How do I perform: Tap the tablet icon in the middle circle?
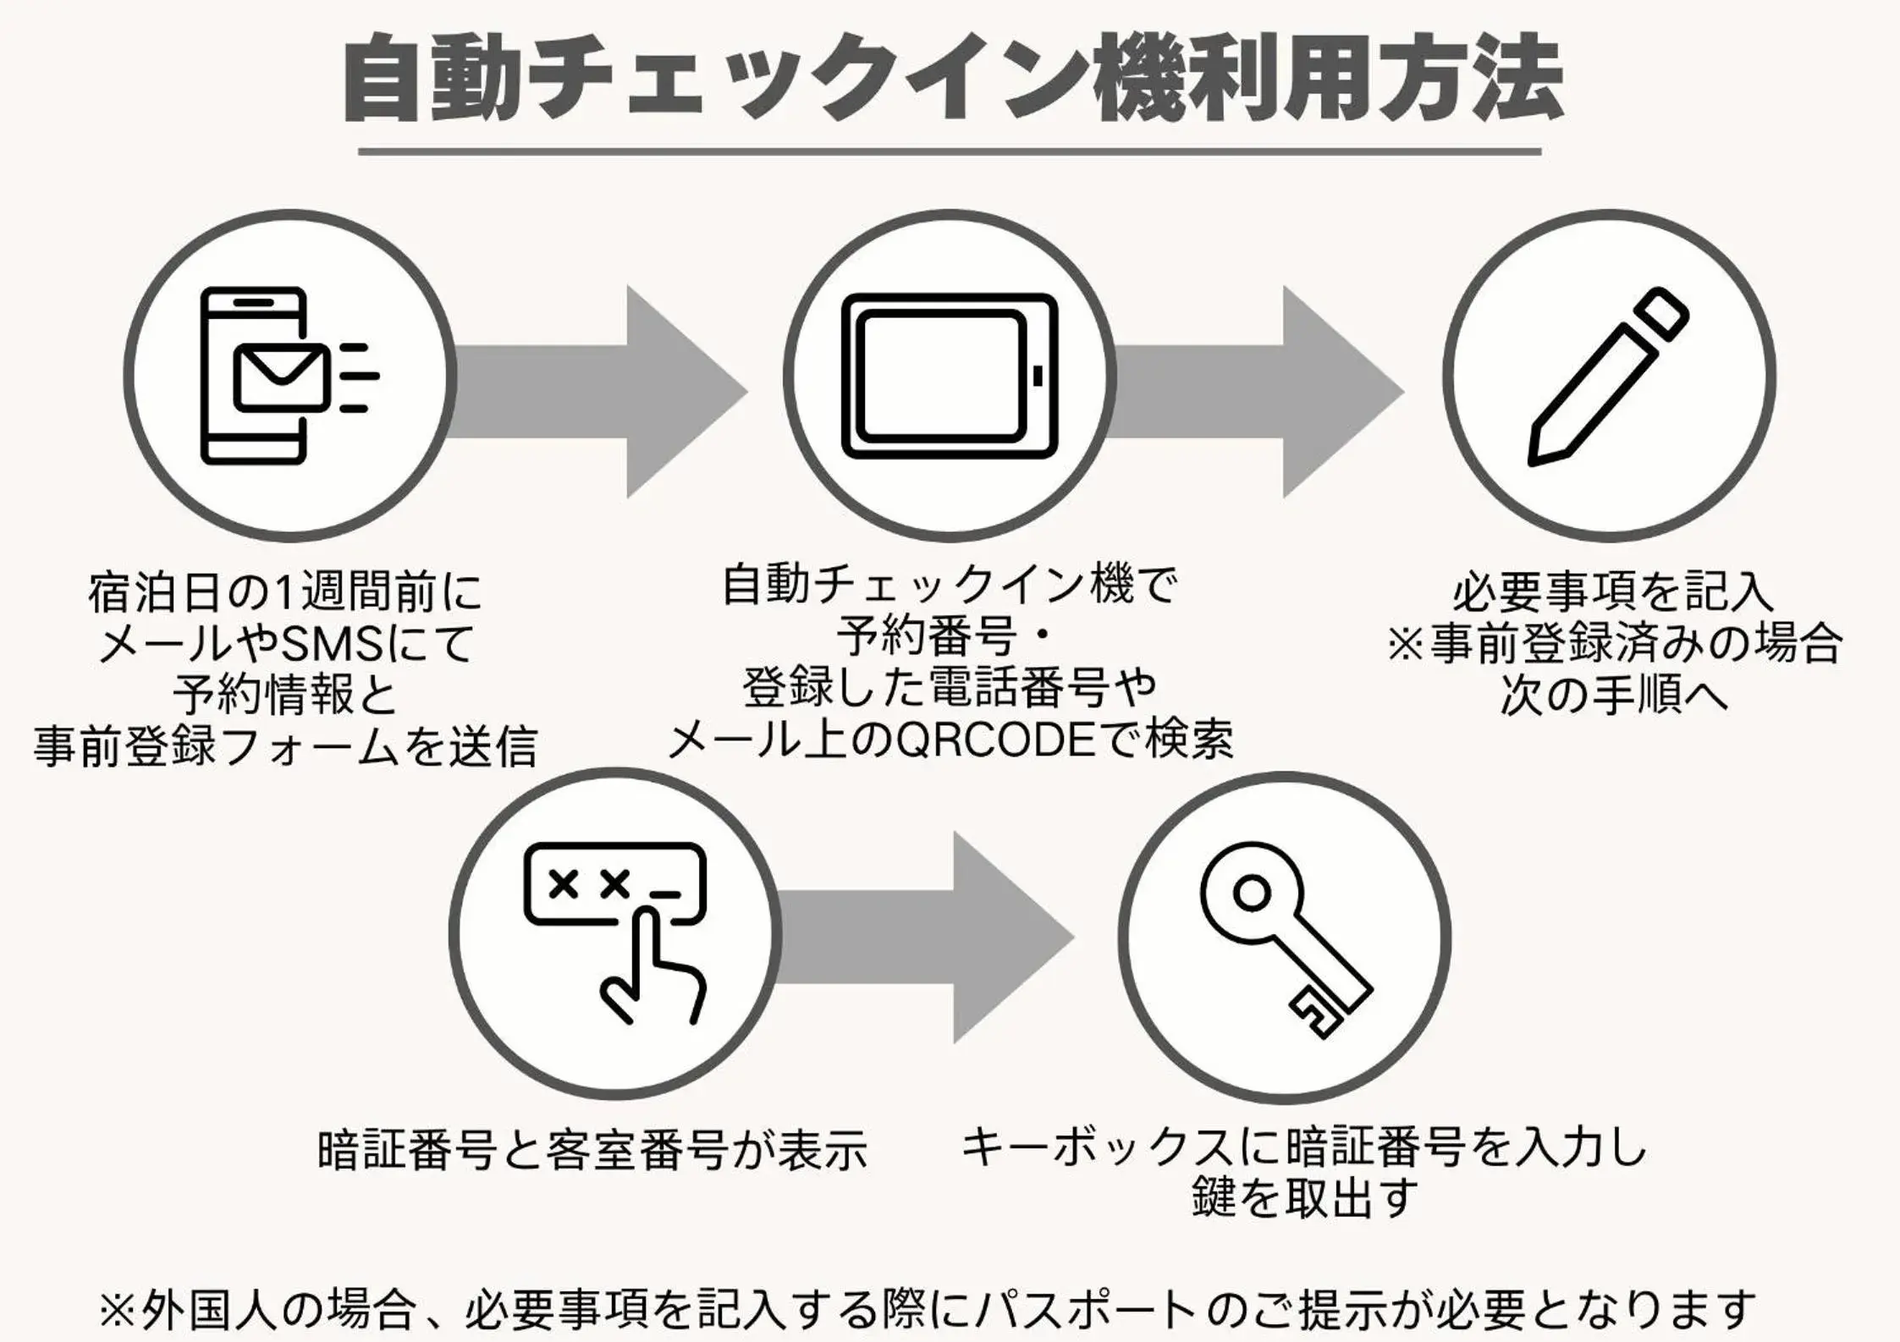point(949,376)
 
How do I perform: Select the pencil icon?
point(1607,377)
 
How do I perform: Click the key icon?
point(1284,939)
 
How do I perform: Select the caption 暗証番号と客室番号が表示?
point(592,1150)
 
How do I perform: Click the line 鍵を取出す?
point(1304,1198)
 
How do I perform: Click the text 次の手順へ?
point(1612,696)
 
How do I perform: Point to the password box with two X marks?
point(614,883)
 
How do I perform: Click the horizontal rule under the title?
point(949,152)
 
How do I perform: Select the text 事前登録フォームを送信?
point(285,747)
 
